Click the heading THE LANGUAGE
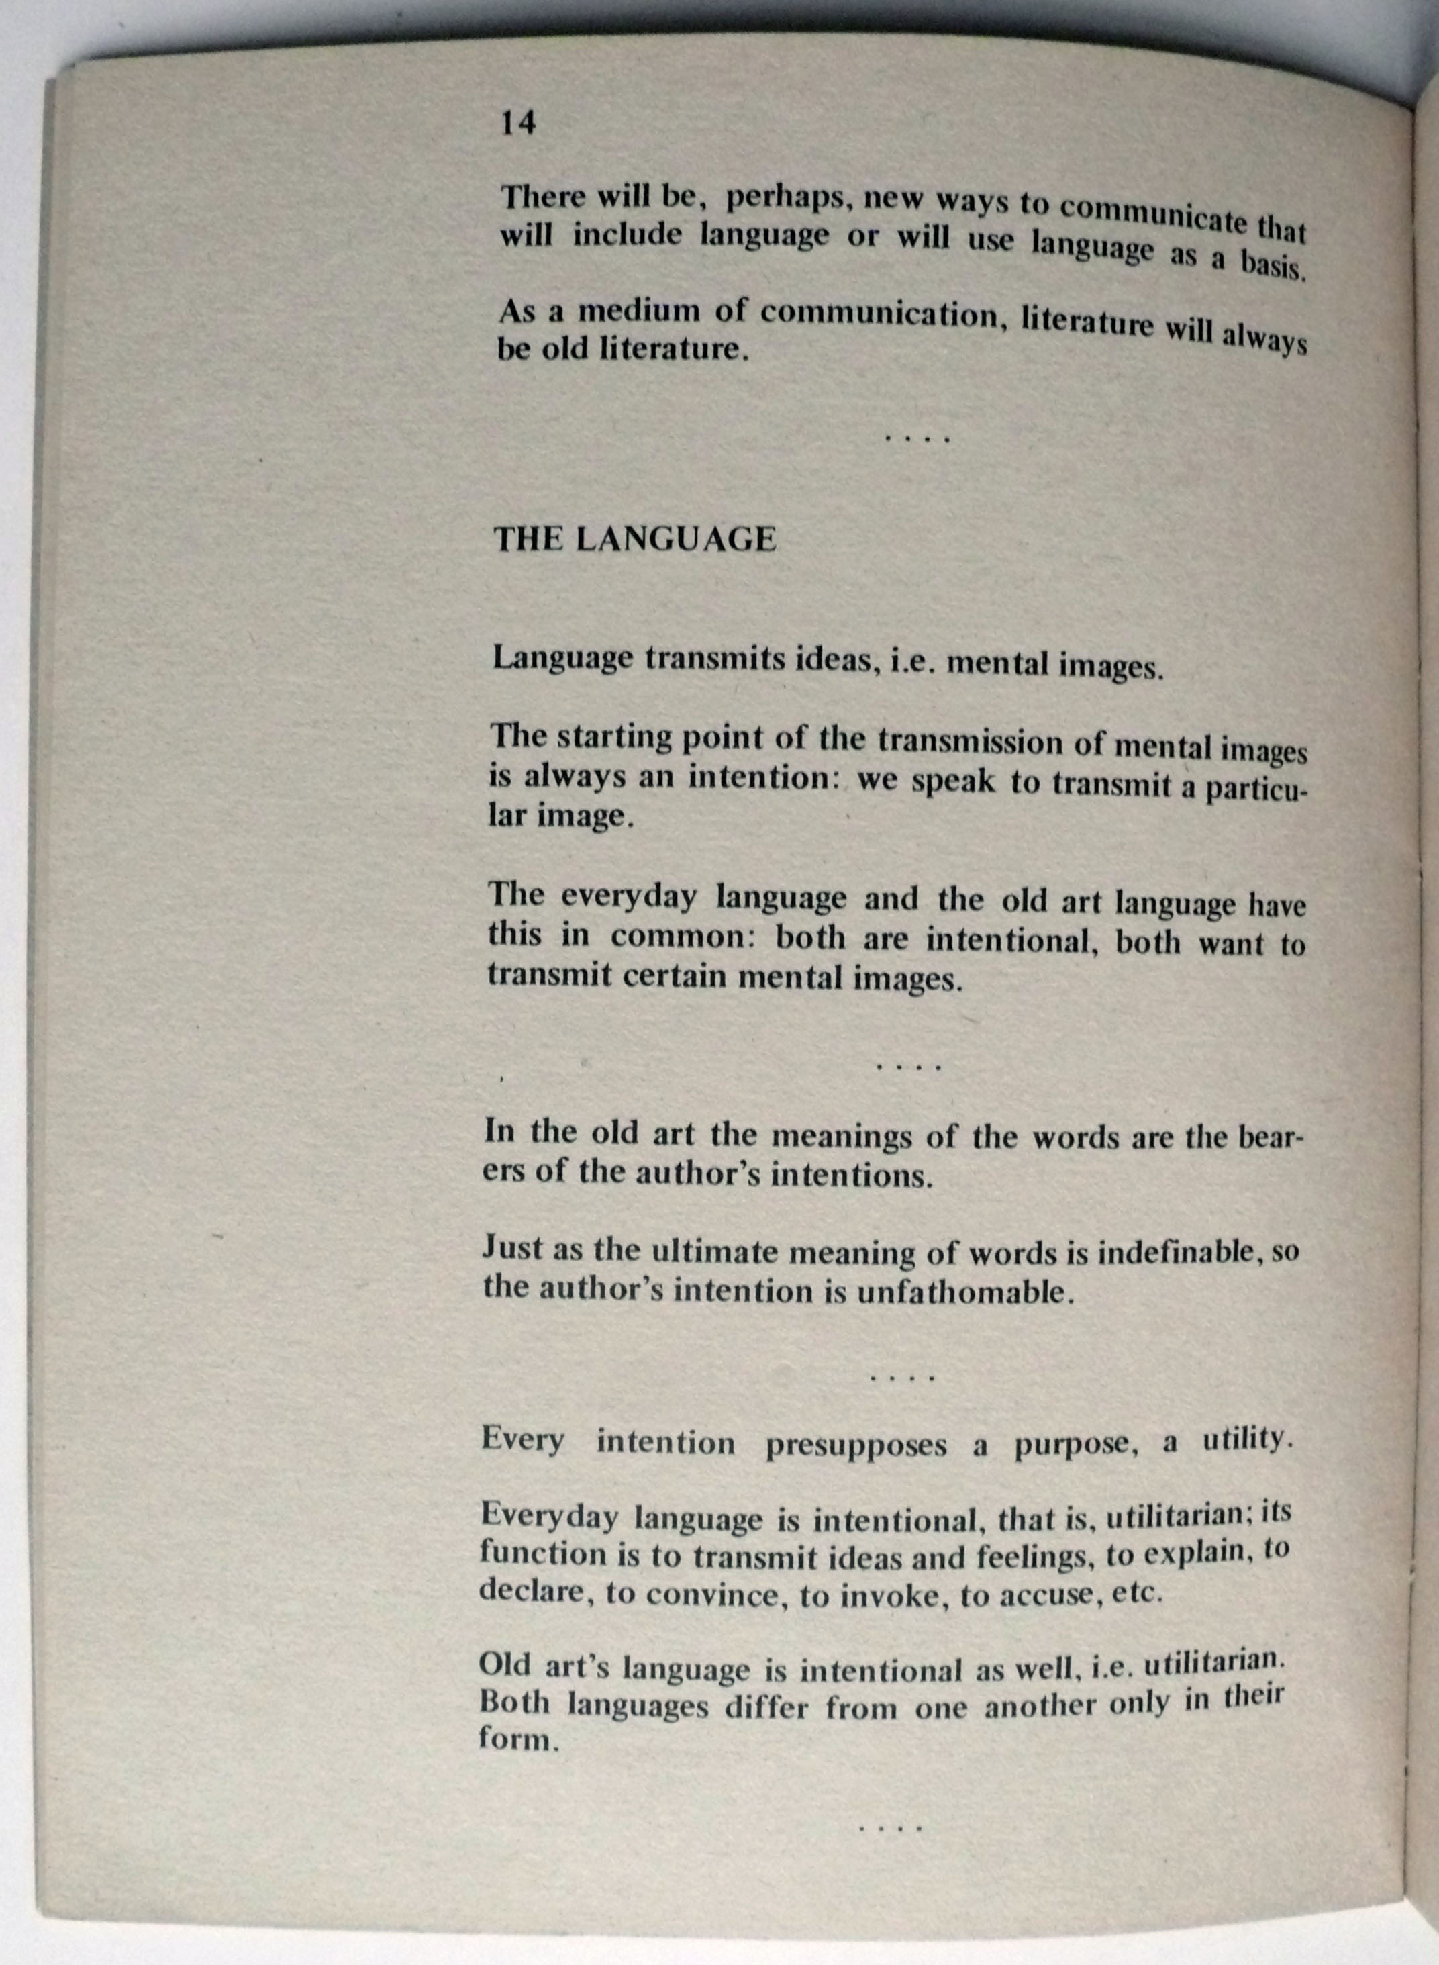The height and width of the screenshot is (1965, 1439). (x=634, y=539)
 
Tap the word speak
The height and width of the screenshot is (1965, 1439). (x=952, y=780)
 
